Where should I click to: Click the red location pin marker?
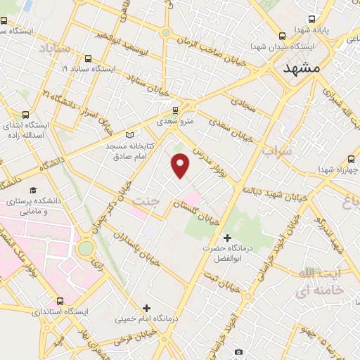181,166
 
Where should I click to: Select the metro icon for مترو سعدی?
176,110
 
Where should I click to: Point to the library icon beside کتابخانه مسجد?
128,135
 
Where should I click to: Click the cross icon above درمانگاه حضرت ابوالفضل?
226,238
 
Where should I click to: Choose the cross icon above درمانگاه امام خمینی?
146,307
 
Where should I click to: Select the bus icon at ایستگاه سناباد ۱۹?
87,58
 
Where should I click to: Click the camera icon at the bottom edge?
238,352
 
